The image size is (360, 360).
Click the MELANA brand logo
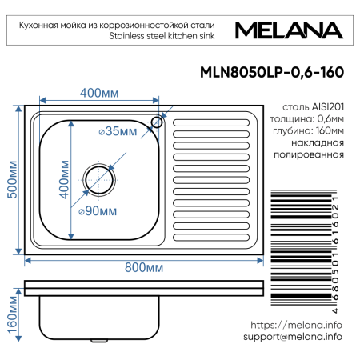click(290, 30)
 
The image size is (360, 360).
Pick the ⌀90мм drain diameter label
click(97, 211)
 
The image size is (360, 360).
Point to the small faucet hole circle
click(157, 122)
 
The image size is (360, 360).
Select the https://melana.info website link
click(296, 325)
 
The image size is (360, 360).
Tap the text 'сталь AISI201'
click(314, 106)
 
